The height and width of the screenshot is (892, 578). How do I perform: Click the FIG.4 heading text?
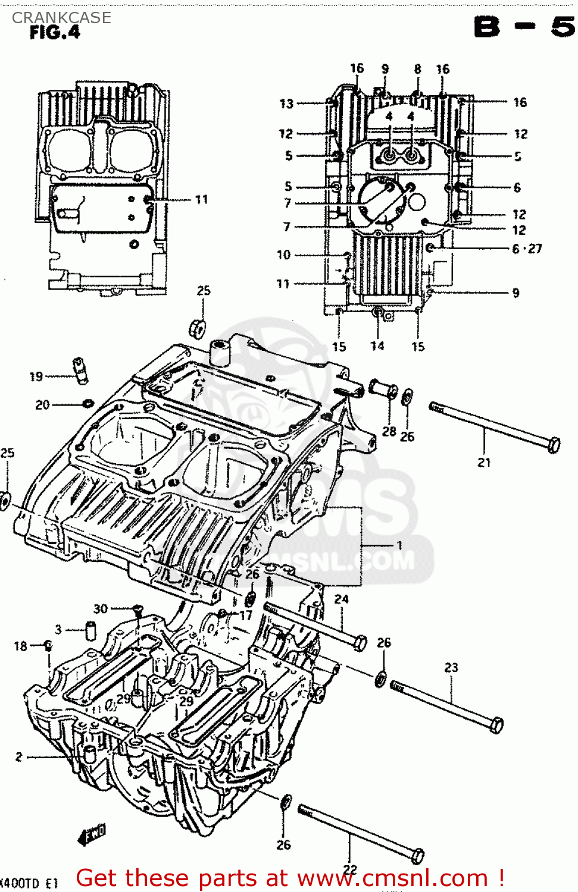click(55, 32)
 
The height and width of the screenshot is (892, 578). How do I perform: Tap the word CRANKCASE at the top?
click(61, 18)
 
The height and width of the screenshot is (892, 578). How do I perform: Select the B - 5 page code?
click(524, 27)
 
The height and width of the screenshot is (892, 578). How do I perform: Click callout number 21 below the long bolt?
click(484, 462)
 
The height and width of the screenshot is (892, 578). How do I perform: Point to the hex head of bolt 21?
click(554, 445)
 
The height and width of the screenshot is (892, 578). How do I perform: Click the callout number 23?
click(451, 668)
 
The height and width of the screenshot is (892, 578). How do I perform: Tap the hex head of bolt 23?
click(497, 725)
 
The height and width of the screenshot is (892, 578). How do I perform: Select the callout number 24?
click(341, 599)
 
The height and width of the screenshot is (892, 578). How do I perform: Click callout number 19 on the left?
click(36, 376)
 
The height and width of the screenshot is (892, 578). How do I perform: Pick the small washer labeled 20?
click(88, 404)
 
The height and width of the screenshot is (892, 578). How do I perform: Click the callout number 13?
click(286, 103)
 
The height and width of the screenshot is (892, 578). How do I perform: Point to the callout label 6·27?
click(527, 249)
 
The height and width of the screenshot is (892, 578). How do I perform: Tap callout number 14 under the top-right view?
click(377, 346)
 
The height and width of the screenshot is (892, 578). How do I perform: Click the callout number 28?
click(389, 431)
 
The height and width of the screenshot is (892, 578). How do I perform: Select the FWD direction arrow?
click(92, 834)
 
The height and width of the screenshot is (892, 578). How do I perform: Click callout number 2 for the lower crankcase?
click(19, 756)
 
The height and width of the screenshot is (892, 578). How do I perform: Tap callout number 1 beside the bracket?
click(399, 545)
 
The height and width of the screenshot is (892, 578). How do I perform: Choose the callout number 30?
click(101, 608)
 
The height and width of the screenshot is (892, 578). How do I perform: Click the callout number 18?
click(20, 646)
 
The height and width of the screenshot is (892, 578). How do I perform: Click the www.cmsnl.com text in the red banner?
click(392, 878)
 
